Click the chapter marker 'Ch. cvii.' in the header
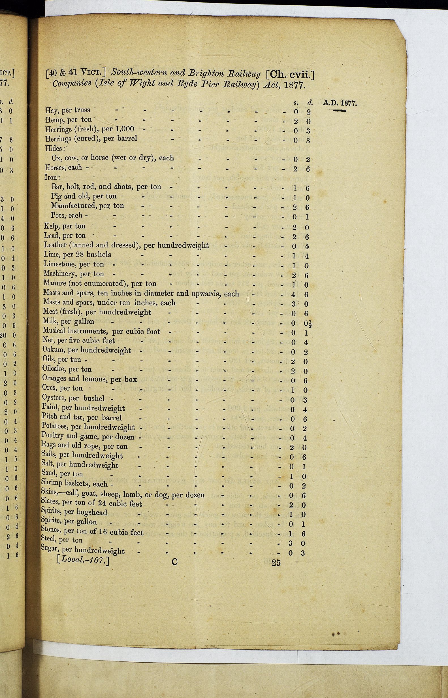290,75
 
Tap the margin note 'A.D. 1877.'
340,103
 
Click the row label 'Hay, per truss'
67,110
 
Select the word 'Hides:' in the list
55,148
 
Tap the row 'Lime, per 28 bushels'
77,254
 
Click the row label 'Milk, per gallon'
68,321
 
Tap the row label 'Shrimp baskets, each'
74,484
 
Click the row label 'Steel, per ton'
61,540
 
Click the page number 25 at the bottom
276,563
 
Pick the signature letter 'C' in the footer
174,562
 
